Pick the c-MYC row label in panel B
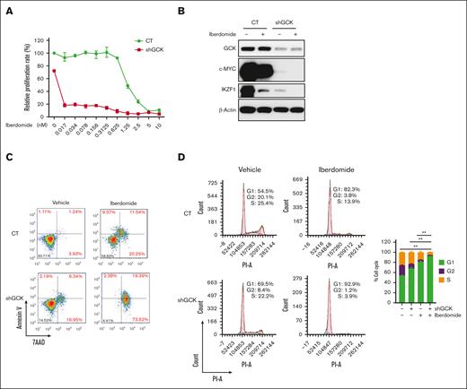click(232, 70)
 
